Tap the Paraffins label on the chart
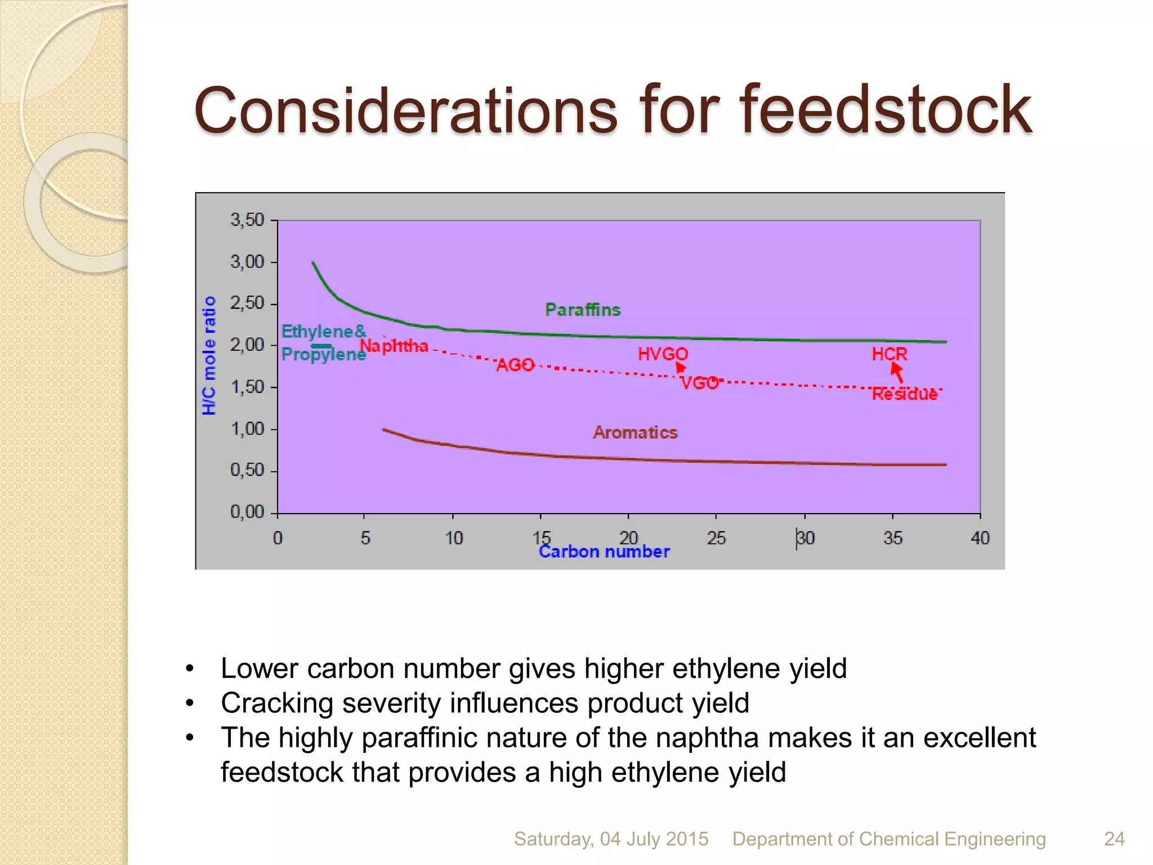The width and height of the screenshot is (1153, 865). pos(583,310)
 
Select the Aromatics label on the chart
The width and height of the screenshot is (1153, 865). pos(635,432)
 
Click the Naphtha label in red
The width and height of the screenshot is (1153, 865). pos(394,346)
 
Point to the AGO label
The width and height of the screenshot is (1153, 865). pos(515,365)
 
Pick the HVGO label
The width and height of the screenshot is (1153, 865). pos(663,354)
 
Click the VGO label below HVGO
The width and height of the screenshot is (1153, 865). pos(699,383)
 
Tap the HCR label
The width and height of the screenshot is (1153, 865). pos(889,354)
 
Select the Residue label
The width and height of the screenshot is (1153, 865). pos(904,394)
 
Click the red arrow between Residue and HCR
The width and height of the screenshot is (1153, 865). pos(897,372)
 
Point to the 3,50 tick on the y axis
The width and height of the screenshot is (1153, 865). pos(247,220)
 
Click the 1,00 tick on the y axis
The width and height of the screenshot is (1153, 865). pos(247,429)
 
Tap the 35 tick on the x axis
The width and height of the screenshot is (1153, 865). pos(893,538)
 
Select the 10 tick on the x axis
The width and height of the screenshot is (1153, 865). pos(454,538)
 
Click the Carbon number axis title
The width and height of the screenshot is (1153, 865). pos(604,552)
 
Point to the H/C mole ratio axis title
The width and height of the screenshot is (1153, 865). pos(209,356)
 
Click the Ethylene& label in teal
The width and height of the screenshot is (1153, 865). pos(324,331)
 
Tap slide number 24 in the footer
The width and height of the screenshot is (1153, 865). pos(1114,839)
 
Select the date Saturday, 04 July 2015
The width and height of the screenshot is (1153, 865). pos(611,839)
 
